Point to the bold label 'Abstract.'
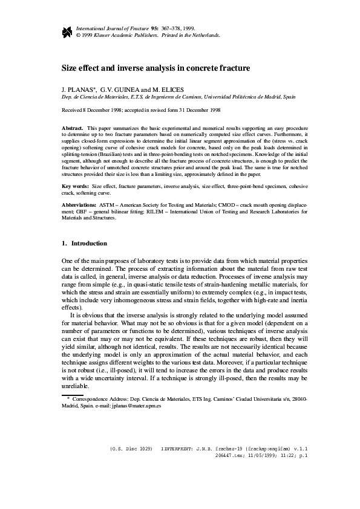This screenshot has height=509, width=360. point(73,129)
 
